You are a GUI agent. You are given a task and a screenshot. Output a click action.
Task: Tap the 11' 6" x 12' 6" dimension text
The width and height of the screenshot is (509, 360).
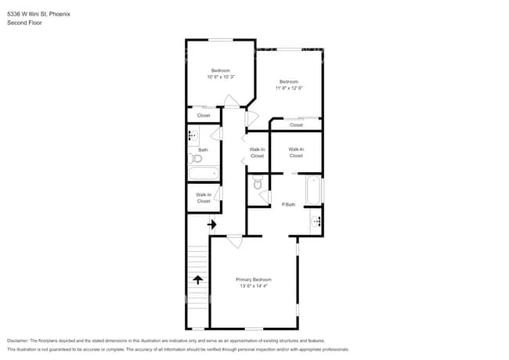[x=288, y=88]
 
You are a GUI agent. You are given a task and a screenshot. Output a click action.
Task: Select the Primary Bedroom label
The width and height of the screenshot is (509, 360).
[x=254, y=279]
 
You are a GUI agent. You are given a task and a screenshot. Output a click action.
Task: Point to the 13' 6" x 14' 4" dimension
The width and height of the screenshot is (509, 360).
[x=254, y=286]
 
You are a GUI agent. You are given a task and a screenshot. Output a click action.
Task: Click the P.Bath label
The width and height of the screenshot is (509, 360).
[x=288, y=204]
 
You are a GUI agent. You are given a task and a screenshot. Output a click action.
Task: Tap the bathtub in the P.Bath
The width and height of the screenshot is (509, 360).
[x=313, y=190]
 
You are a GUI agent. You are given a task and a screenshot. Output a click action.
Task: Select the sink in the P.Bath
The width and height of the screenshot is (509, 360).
[x=316, y=221]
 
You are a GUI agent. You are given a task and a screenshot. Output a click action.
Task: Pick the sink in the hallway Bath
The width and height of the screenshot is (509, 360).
[x=192, y=136]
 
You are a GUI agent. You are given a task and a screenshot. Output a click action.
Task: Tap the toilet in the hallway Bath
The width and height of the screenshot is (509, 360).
[x=196, y=158]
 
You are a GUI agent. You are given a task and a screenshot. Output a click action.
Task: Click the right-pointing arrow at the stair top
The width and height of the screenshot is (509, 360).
[x=211, y=225]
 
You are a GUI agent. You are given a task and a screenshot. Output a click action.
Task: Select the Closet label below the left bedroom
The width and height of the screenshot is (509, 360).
[x=204, y=115]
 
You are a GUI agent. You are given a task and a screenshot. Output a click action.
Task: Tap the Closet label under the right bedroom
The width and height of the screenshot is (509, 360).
[x=296, y=124]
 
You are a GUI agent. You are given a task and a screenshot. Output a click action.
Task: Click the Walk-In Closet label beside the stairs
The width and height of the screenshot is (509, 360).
[x=204, y=197]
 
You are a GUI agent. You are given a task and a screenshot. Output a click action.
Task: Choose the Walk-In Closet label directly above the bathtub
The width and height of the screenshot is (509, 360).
[x=296, y=152]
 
